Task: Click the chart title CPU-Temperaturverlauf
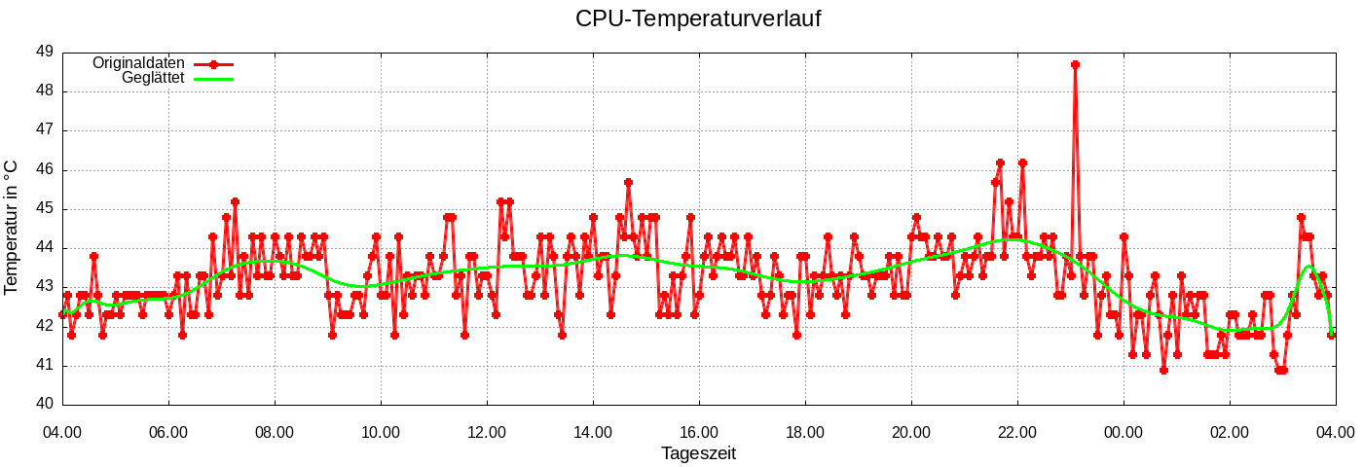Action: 698,18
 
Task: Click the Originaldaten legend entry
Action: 138,62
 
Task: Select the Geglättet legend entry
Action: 154,78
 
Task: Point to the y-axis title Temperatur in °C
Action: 12,228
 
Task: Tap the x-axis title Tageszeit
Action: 698,453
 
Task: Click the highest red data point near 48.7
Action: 1075,64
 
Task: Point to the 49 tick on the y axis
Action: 45,52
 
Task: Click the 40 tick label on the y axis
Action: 45,405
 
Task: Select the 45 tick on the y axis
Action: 45,208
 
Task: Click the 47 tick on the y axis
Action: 45,129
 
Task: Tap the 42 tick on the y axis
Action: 45,326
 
